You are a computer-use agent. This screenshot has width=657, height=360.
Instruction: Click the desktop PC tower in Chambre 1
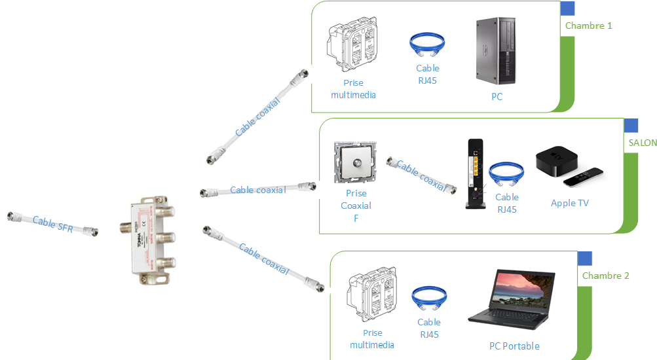(496, 50)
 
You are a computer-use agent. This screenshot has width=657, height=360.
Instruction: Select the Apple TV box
(557, 161)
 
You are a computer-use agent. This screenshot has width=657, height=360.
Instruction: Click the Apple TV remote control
(583, 177)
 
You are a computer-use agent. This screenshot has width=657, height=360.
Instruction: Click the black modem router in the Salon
(476, 173)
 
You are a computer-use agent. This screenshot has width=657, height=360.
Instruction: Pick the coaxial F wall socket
(355, 162)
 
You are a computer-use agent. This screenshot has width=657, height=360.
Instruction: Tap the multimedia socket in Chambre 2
(371, 294)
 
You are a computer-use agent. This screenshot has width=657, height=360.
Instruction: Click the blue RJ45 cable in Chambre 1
(427, 45)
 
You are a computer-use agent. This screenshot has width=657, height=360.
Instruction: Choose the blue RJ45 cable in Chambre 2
(429, 298)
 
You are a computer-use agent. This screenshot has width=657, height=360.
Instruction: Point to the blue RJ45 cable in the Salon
(506, 173)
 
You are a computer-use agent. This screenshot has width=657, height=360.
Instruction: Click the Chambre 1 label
(588, 26)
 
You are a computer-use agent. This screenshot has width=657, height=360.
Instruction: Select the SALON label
(643, 143)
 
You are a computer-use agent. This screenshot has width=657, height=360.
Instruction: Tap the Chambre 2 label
(605, 276)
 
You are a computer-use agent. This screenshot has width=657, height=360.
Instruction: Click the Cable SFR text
(53, 224)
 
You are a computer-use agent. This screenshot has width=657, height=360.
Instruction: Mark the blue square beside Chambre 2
(584, 259)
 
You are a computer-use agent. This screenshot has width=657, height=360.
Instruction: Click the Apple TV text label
(569, 203)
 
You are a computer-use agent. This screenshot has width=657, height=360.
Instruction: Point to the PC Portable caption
(514, 346)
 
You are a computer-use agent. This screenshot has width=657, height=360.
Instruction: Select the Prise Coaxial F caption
(356, 206)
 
